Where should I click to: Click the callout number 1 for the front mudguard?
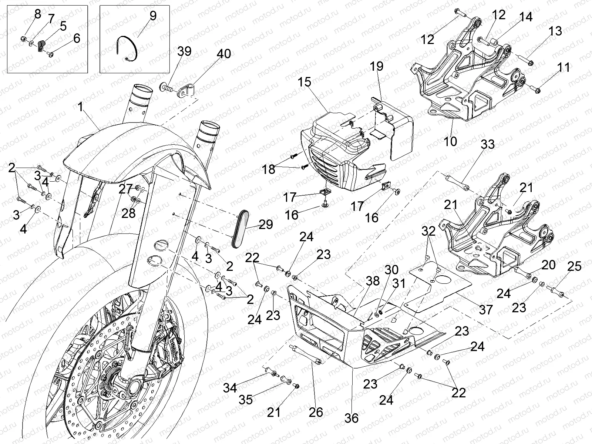coord(80,108)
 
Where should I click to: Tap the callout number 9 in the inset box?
coord(153,16)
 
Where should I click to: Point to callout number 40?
coord(224,54)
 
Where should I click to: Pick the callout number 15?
coord(305,82)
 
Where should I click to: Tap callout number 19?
coord(377,67)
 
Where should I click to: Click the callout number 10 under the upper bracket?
coord(451,141)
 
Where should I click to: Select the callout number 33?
coord(488,144)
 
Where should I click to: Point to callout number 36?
coord(351,418)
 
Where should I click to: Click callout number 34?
coord(230,388)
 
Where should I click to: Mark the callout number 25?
coord(575,266)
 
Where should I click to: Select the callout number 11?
coord(564,68)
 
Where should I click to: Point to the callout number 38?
coord(373,281)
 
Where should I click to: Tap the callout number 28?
coord(129,213)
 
